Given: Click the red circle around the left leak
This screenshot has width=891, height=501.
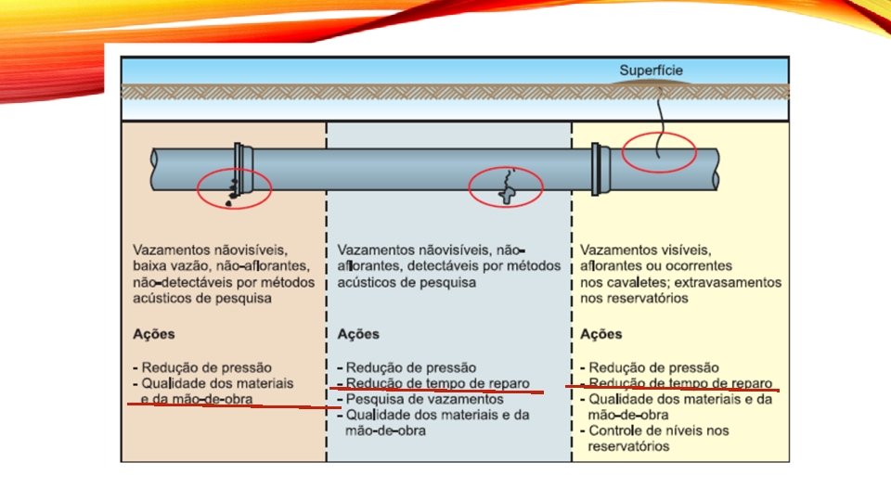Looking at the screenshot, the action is click(x=235, y=189).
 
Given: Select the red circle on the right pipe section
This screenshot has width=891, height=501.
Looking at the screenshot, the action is click(x=658, y=151).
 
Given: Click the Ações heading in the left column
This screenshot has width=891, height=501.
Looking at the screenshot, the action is click(x=154, y=334).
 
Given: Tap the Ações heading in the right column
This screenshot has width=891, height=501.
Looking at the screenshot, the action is click(x=600, y=334).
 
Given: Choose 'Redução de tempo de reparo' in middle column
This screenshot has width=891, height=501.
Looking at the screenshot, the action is click(x=436, y=383).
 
